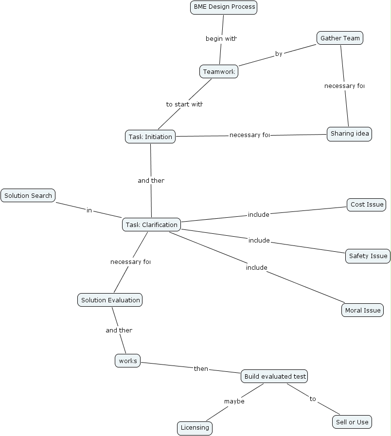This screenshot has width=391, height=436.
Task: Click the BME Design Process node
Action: [x=223, y=7]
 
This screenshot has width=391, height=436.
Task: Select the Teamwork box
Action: [x=219, y=71]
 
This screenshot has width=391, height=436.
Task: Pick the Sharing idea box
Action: [x=349, y=134]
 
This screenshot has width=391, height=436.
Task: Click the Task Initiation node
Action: [x=150, y=137]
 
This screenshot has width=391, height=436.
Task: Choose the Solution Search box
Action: [x=28, y=195]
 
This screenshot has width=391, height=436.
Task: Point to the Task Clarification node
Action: [x=151, y=225]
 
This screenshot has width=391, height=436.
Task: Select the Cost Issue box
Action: [x=367, y=205]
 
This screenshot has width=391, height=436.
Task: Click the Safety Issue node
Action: [x=368, y=256]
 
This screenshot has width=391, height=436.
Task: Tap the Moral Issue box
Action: [x=362, y=310]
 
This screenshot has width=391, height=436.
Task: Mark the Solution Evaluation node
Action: [x=110, y=300]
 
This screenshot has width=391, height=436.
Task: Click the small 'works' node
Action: [x=128, y=361]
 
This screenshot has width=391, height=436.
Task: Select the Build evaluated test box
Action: [x=275, y=376]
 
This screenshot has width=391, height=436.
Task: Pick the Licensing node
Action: [x=195, y=428]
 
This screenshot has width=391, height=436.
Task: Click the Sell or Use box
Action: [x=352, y=422]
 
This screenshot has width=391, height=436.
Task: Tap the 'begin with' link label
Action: [x=221, y=38]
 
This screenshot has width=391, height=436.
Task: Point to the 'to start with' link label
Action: [x=184, y=104]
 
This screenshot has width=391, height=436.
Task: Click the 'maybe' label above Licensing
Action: [x=234, y=401]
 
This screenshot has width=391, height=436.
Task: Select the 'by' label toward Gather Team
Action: [x=279, y=53]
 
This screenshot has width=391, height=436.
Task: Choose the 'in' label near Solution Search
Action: [x=89, y=210]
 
